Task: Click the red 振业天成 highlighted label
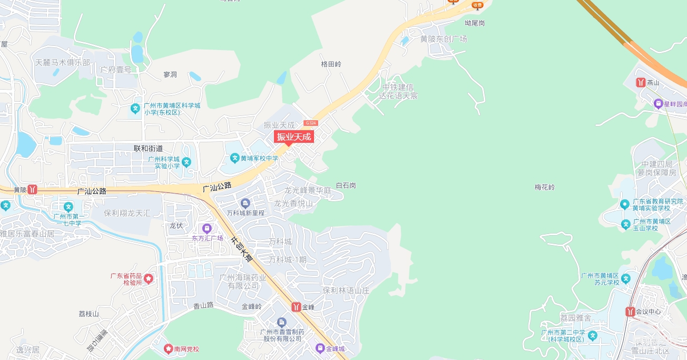tap(294, 137)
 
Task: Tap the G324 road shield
tap(311, 123)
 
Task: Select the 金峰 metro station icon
tap(296, 307)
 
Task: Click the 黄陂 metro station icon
tap(33, 189)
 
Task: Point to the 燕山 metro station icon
tap(641, 83)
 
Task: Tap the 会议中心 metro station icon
tap(630, 312)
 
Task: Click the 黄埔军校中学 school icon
tap(235, 158)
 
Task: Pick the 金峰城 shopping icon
tap(320, 348)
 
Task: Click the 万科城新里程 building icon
tap(245, 203)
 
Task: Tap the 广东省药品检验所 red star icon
tap(149, 278)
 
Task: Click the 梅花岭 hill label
tap(545, 187)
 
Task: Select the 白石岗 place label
tap(346, 186)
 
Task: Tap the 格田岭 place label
tap(331, 64)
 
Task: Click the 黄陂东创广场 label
tap(444, 39)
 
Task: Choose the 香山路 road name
tap(203, 305)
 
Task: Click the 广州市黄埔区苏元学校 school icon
tap(625, 278)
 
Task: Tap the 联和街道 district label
tap(149, 149)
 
